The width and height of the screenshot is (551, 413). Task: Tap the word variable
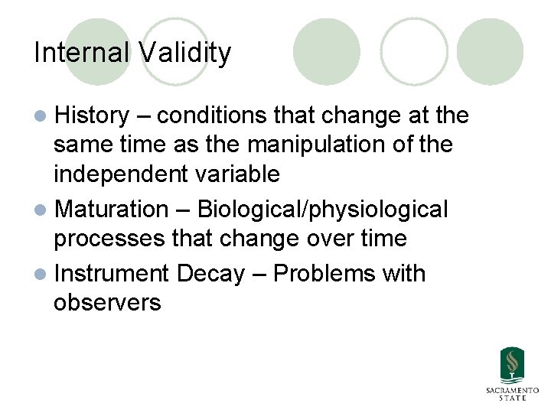pos(236,174)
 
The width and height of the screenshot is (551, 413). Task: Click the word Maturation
pos(112,209)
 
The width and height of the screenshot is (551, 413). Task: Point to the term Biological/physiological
pos(322,209)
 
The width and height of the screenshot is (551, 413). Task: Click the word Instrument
pos(112,273)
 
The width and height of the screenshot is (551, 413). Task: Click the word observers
pos(107,302)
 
